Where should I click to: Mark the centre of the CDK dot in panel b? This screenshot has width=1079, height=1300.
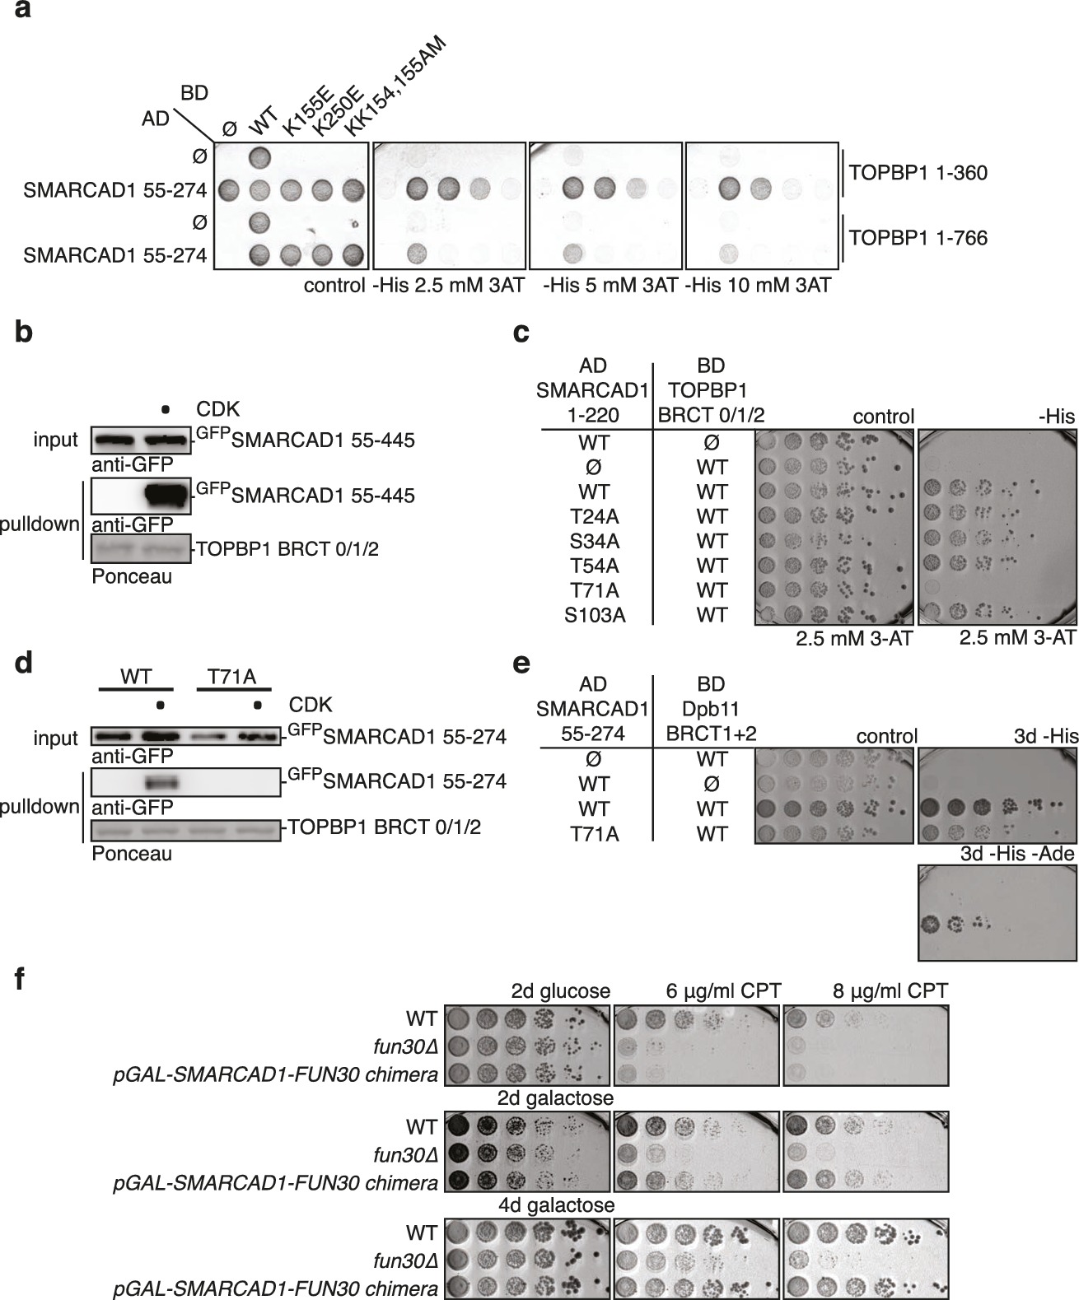[x=166, y=409]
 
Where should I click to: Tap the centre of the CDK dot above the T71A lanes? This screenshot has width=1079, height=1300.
[x=257, y=706]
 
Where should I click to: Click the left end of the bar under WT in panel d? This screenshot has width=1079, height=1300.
[x=100, y=689]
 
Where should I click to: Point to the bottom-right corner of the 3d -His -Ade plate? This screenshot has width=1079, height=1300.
[x=1077, y=960]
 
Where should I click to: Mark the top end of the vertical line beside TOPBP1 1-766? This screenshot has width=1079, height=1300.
[x=843, y=215]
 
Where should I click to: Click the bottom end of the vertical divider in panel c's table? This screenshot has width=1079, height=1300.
[x=652, y=624]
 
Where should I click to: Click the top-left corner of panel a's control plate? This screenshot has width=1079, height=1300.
[x=214, y=142]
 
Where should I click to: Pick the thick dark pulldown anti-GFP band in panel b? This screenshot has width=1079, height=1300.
[x=166, y=496]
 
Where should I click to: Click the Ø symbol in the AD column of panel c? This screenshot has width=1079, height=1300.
[x=594, y=467]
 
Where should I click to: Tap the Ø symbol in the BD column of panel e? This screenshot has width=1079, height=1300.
[x=712, y=784]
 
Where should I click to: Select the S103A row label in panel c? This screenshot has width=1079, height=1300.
[x=595, y=615]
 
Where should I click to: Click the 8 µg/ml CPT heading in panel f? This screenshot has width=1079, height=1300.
[x=890, y=990]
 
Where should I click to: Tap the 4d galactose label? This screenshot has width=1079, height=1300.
[x=556, y=1205]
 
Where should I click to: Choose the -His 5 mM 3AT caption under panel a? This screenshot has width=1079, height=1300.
[x=610, y=285]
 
